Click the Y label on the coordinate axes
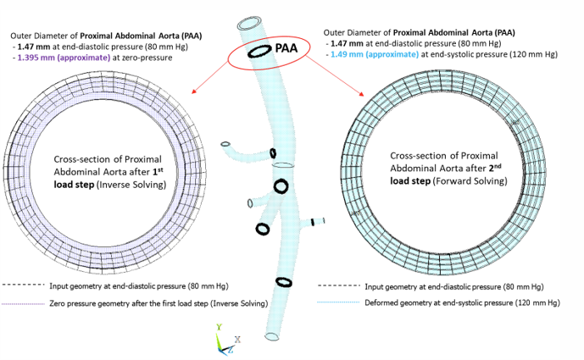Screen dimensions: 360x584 [x=219, y=324]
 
